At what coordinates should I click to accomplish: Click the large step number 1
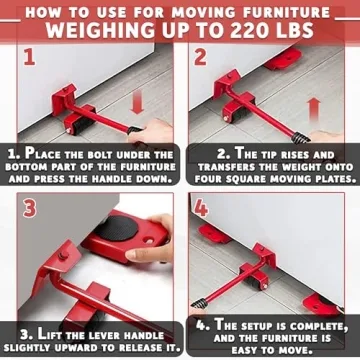[x=28, y=56]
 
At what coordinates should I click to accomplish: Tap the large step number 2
[x=200, y=56]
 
